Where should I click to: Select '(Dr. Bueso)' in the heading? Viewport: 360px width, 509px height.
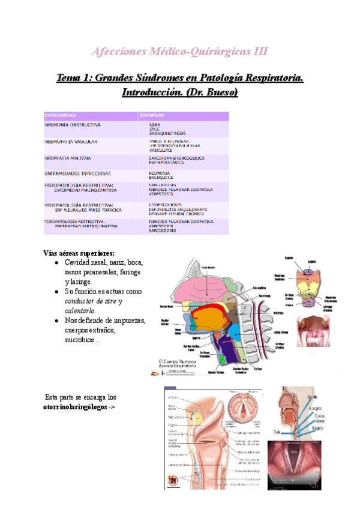pyautogui.click(x=214, y=92)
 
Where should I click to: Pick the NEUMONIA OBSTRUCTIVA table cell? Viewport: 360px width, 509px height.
pyautogui.click(x=73, y=125)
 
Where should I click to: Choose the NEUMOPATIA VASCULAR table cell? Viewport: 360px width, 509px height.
pyautogui.click(x=71, y=142)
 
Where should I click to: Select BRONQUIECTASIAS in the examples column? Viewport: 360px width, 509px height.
pyautogui.click(x=167, y=133)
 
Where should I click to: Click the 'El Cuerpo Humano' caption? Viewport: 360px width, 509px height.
pyautogui.click(x=178, y=361)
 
